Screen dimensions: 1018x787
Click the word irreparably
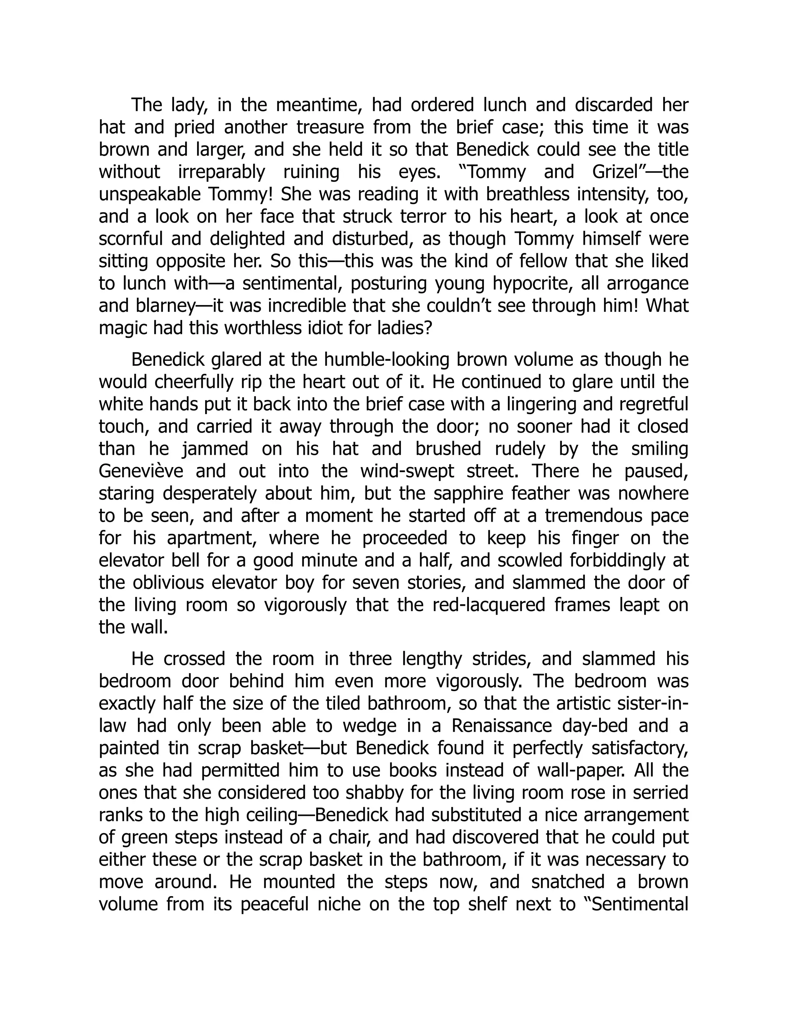[x=221, y=172]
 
